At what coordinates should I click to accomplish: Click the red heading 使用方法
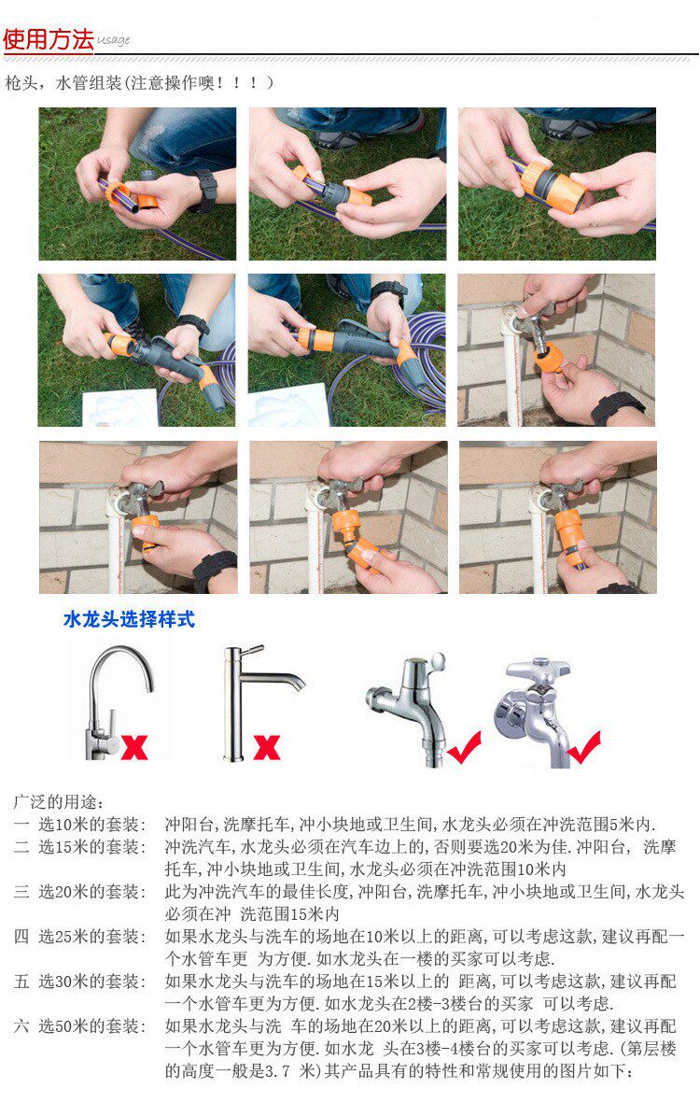(48, 38)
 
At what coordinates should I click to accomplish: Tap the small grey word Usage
(113, 40)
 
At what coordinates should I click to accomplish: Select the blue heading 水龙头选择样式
(129, 619)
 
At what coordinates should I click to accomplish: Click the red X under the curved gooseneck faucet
(134, 746)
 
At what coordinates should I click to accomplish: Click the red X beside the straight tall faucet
(267, 747)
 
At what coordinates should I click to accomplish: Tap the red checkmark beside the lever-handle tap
(464, 748)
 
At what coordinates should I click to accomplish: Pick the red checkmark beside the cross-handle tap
(583, 748)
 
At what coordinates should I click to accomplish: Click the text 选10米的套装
(90, 825)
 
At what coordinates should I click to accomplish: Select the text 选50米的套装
(90, 1026)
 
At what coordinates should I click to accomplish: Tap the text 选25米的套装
(90, 937)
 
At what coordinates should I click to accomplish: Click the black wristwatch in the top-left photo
(205, 190)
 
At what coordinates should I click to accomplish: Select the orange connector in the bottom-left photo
(146, 531)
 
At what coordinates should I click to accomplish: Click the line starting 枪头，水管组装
(139, 83)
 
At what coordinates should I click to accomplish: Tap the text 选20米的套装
(90, 892)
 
